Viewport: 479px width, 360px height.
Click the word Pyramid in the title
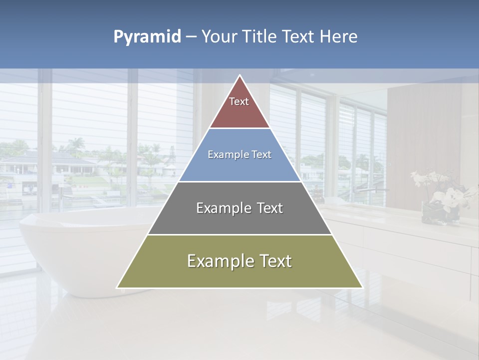point(147,37)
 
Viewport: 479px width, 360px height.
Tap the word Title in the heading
point(260,37)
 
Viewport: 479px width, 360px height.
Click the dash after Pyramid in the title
point(191,37)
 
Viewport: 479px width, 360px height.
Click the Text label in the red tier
point(239,101)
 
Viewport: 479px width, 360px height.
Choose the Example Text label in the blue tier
point(239,154)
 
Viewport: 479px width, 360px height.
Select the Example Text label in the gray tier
point(239,208)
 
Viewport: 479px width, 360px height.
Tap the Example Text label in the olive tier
point(239,261)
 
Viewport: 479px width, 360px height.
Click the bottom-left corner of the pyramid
point(117,287)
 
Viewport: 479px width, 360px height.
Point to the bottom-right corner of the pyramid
point(362,287)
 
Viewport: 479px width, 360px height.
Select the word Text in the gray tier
point(266,208)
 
